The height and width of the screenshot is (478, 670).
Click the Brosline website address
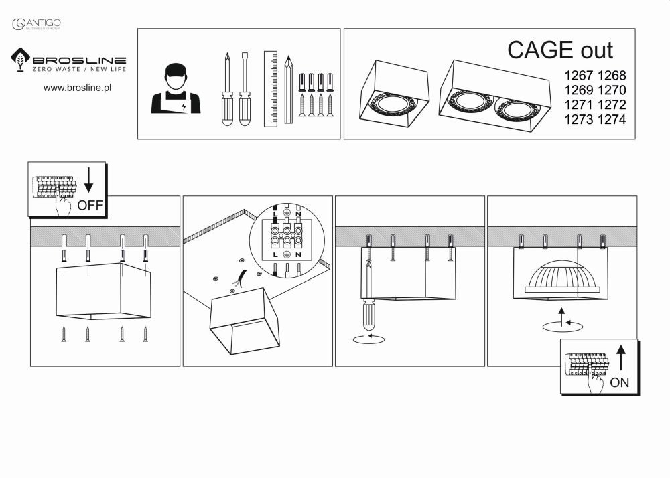[x=77, y=88]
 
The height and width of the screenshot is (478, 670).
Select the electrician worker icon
[x=176, y=89]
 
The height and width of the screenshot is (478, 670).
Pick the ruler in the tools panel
[x=271, y=88]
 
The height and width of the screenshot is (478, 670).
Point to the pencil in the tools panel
[x=288, y=90]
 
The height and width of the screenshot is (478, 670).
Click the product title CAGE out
[x=559, y=50]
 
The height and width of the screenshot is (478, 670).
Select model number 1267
[x=580, y=76]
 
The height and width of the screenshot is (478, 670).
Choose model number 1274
[x=612, y=120]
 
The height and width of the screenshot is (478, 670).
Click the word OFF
[x=90, y=206]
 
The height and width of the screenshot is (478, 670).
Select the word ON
[x=620, y=383]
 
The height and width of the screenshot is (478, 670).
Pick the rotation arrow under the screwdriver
[x=368, y=339]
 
